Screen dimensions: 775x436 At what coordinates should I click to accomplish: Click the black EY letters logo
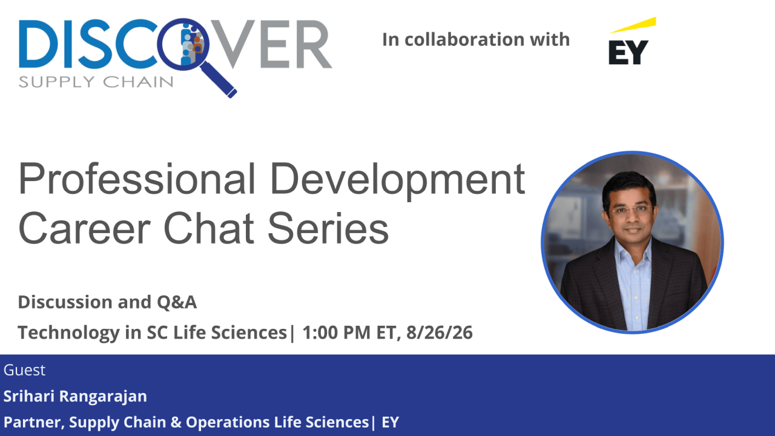[x=628, y=52]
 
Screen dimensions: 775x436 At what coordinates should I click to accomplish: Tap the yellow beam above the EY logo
[x=633, y=25]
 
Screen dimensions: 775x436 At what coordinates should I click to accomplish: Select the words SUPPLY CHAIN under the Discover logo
[x=96, y=82]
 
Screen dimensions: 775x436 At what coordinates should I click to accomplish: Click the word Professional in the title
[x=137, y=179]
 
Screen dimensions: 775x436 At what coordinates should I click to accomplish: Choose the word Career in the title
[x=84, y=229]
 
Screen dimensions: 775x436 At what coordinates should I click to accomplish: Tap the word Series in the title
[x=328, y=229]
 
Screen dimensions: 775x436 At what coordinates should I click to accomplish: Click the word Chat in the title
[x=209, y=228]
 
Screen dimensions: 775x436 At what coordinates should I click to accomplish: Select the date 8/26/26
[x=440, y=332]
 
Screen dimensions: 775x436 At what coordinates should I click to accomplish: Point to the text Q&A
[x=177, y=302]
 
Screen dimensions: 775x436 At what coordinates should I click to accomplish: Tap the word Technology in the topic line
[x=69, y=333]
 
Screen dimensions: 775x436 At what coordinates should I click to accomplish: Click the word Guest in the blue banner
[x=24, y=370]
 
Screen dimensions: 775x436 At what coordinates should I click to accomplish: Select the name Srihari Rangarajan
[x=75, y=396]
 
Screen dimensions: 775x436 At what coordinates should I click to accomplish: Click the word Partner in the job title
[x=33, y=423]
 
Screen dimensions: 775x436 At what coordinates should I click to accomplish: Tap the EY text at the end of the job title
[x=391, y=422]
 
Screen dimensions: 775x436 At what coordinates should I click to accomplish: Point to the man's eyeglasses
[x=630, y=210]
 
